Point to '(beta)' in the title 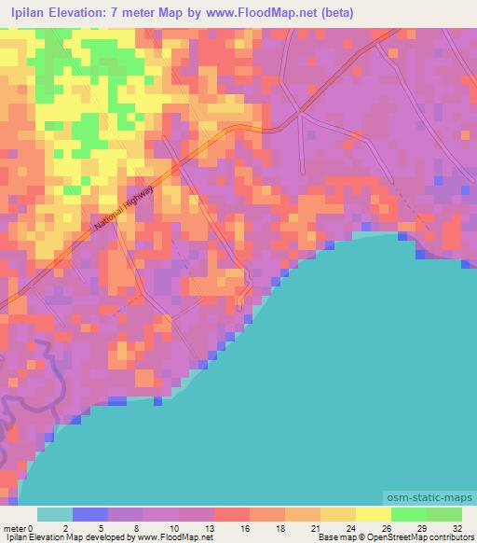[332, 12]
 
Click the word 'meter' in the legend [15, 527]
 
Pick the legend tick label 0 [33, 527]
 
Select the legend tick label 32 [456, 527]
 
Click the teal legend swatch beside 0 [54, 514]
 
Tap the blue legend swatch [89, 514]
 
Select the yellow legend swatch [373, 514]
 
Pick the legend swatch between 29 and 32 [443, 514]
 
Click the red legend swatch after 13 [231, 514]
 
